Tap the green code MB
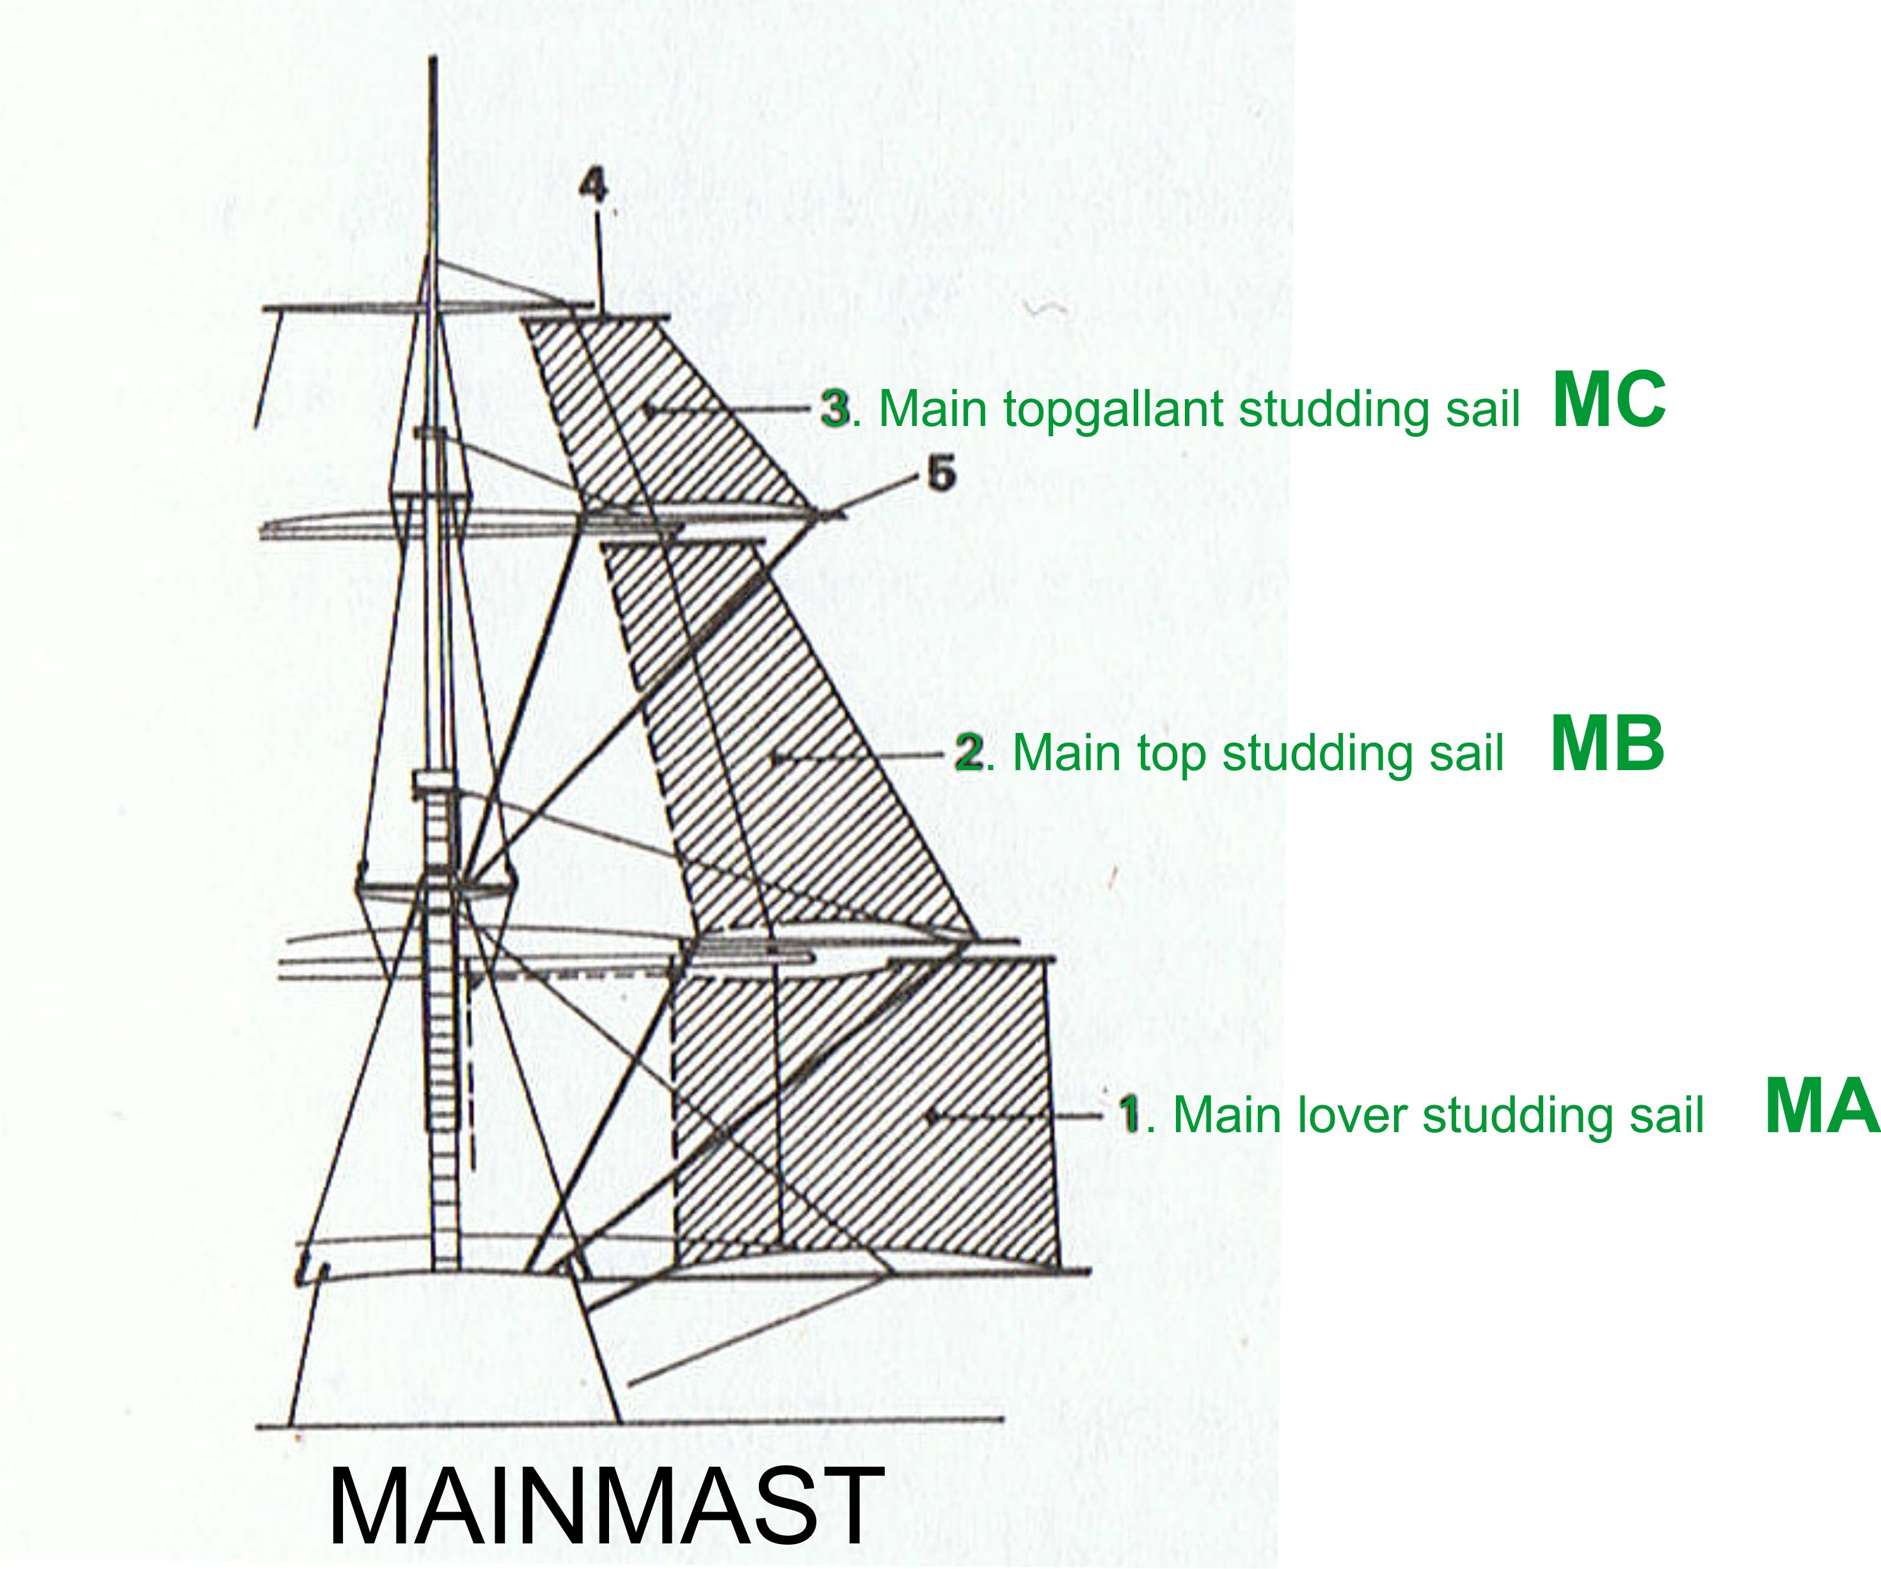point(1607,743)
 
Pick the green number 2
point(969,752)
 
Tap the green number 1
point(1131,1114)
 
